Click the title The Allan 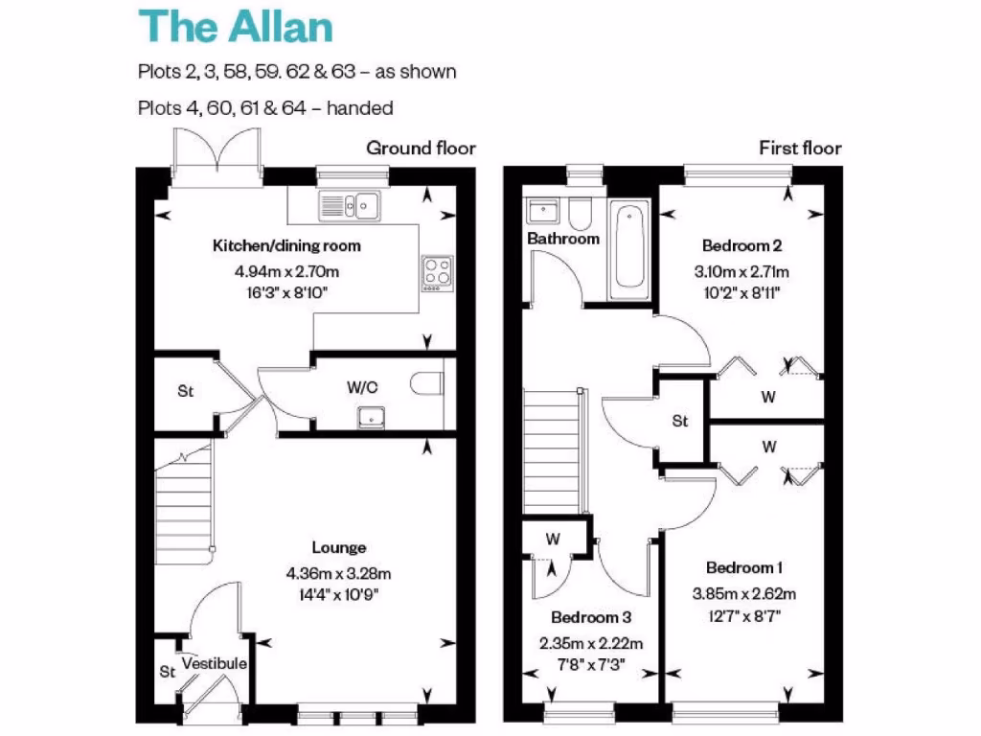pyautogui.click(x=237, y=26)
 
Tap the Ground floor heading pyautogui.click(x=421, y=148)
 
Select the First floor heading pyautogui.click(x=800, y=148)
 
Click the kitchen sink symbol pyautogui.click(x=351, y=204)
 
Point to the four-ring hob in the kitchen pyautogui.click(x=437, y=271)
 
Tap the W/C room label pyautogui.click(x=361, y=389)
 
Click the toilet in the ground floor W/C pyautogui.click(x=427, y=384)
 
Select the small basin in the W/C pyautogui.click(x=370, y=417)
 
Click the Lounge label pyautogui.click(x=339, y=548)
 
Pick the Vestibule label pyautogui.click(x=215, y=663)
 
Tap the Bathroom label pyautogui.click(x=563, y=239)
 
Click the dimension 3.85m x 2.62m pyautogui.click(x=744, y=593)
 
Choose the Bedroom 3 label pyautogui.click(x=591, y=617)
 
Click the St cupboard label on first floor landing pyautogui.click(x=680, y=421)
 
